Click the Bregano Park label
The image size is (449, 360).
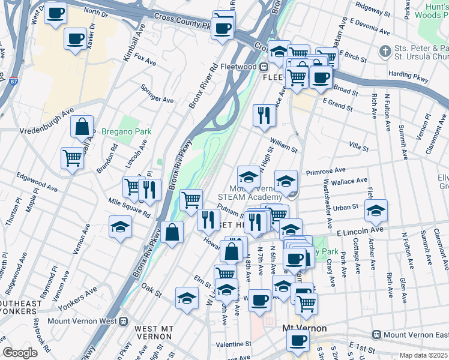point(126,131)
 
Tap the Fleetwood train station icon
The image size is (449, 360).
point(263,67)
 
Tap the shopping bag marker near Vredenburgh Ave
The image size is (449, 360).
point(82,127)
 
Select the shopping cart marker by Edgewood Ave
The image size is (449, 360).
point(72,158)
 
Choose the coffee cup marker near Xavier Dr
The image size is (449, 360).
point(76,39)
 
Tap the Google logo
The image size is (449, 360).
point(20,353)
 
